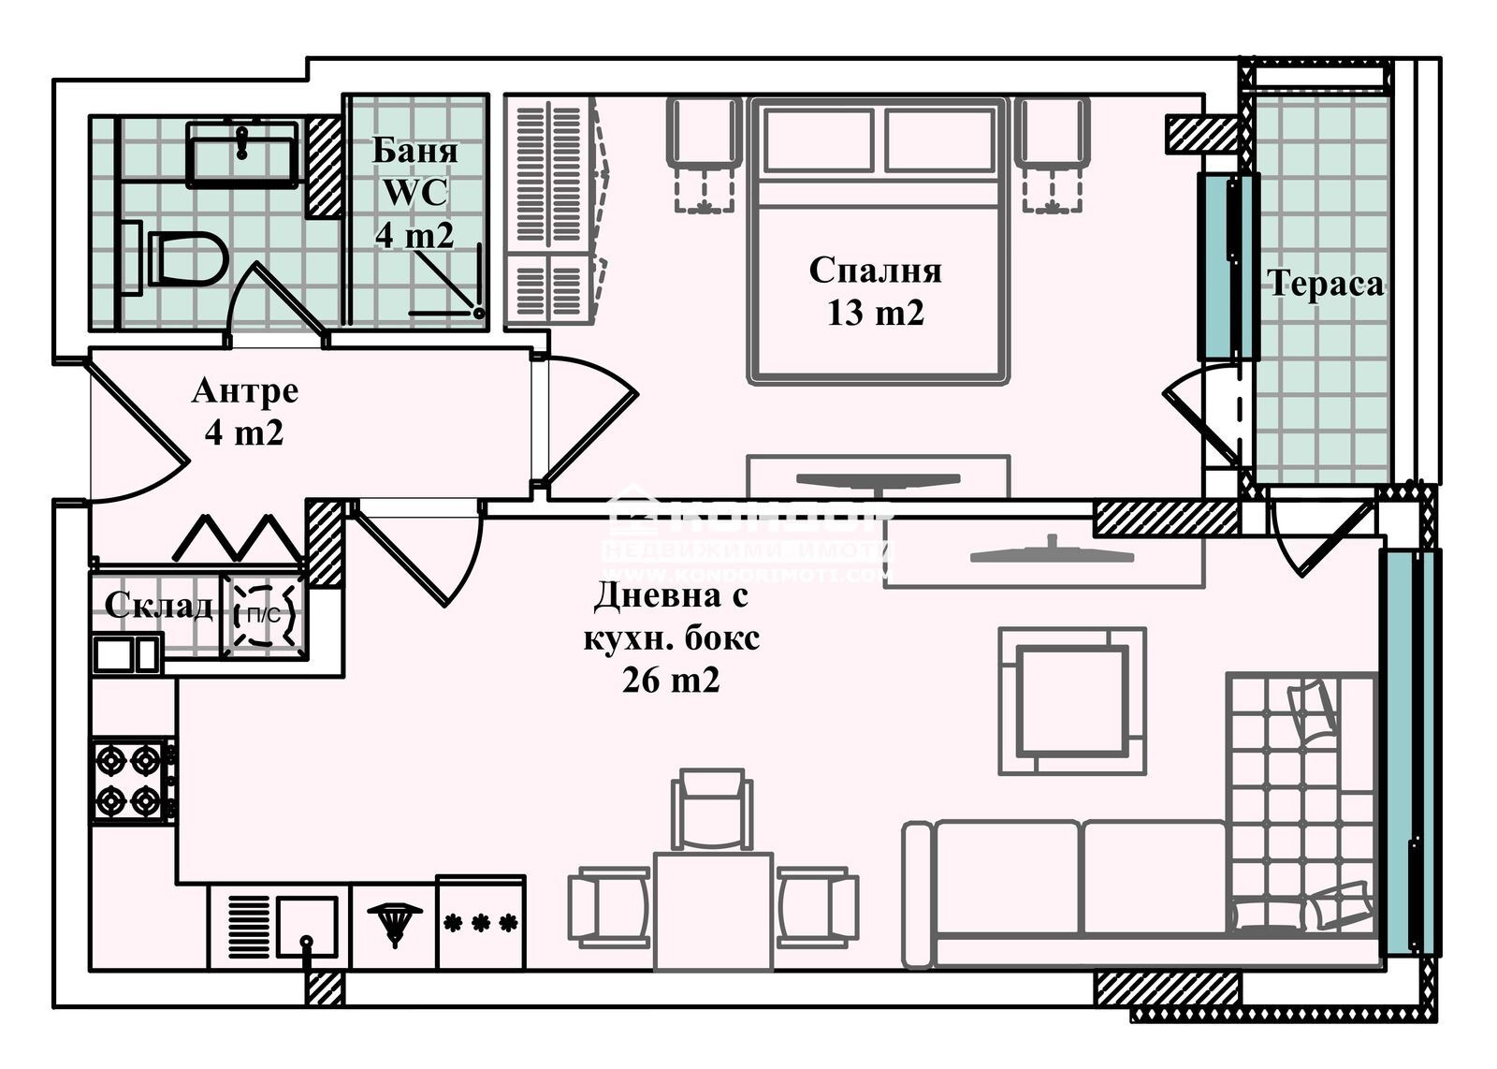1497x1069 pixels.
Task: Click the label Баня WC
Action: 414,192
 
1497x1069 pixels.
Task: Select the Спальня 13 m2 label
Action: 875,291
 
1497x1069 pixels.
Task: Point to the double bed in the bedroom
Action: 878,281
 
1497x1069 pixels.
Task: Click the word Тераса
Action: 1325,284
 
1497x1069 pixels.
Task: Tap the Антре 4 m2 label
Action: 244,412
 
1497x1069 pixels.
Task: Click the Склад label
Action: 158,606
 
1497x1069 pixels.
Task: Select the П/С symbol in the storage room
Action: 262,615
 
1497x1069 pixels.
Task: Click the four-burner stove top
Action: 130,780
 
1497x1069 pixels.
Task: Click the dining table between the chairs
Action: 713,908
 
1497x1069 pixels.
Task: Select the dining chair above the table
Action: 712,808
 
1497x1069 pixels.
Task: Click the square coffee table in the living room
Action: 1072,701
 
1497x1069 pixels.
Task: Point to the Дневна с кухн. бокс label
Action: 671,637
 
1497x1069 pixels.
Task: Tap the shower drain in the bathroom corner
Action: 478,313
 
